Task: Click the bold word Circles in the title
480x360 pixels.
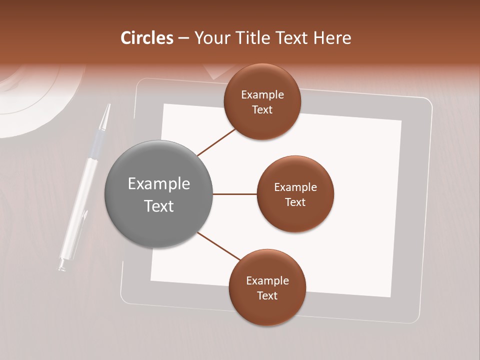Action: tap(147, 38)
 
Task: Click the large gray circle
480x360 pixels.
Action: tap(159, 194)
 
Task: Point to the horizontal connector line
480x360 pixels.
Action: tap(234, 194)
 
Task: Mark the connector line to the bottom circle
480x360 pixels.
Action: tap(219, 246)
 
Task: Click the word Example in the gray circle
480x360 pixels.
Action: tap(159, 184)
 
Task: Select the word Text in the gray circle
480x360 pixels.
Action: tap(159, 206)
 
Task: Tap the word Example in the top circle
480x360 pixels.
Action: tap(262, 95)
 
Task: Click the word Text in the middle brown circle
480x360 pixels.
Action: tap(295, 202)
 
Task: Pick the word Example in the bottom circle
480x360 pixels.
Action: tap(267, 281)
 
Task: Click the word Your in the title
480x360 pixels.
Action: tap(211, 38)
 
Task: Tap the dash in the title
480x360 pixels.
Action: tap(183, 38)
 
